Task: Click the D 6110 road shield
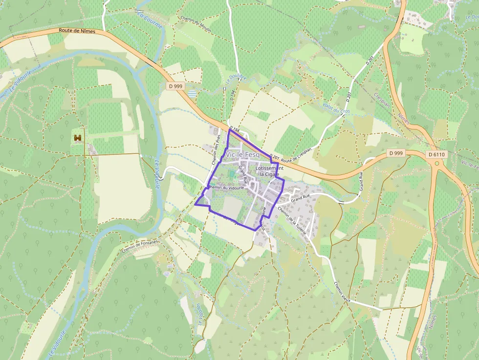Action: tap(436, 154)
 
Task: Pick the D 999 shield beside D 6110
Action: tap(396, 153)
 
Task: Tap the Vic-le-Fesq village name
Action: tap(243, 154)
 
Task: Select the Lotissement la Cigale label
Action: tap(269, 171)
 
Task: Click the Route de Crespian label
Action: tap(296, 160)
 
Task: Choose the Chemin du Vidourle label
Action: tap(226, 188)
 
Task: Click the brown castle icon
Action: tap(77, 138)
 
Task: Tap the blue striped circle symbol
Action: tap(194, 93)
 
